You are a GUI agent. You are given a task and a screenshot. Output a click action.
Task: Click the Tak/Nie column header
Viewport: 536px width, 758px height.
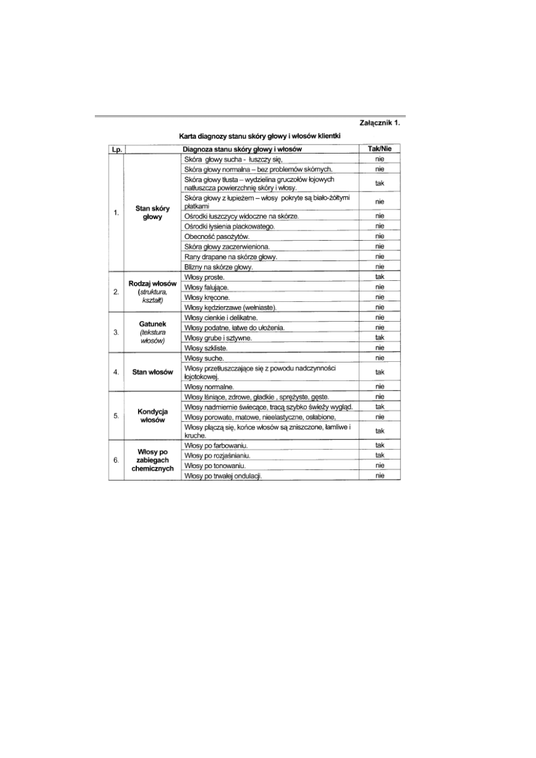pos(379,149)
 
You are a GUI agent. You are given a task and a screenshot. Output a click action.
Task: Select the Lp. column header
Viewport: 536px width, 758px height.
pos(116,149)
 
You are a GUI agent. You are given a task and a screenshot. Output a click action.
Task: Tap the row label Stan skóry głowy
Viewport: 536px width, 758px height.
pos(152,212)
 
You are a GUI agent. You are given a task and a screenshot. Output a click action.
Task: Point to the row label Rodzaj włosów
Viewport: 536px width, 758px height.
pos(152,283)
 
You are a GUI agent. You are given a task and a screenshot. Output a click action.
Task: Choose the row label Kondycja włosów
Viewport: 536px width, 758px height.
pos(152,417)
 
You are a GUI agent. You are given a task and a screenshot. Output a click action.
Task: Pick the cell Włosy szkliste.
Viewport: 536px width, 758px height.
pos(205,348)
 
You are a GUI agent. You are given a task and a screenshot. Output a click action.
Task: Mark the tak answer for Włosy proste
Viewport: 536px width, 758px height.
pos(379,277)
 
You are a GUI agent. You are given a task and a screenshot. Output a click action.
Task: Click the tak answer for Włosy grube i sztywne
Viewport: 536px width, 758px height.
pos(379,337)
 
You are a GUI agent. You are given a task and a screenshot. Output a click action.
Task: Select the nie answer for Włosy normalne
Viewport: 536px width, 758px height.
pos(379,387)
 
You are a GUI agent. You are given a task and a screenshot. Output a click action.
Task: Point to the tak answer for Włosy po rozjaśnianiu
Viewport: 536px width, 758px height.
pos(379,455)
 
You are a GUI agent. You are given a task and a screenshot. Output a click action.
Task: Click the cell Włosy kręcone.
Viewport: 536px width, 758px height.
pos(207,298)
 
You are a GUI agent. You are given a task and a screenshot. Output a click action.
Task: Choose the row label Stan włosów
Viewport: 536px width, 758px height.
pos(152,372)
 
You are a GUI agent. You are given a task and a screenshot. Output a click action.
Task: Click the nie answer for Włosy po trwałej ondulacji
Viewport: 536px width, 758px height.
pos(379,475)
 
